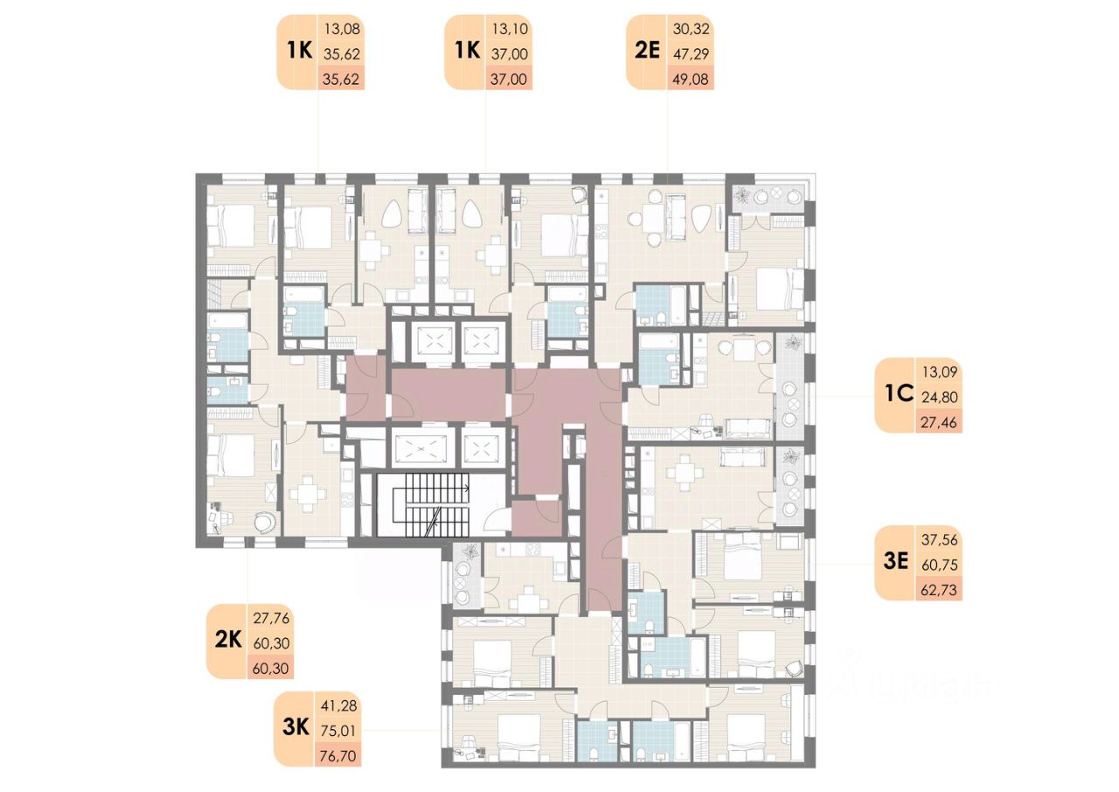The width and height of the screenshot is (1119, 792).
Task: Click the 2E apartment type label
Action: [647, 51]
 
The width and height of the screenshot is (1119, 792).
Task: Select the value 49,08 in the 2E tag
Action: [692, 78]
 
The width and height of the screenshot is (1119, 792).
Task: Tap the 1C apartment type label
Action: [896, 395]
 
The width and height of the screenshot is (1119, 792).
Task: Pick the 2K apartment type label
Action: [227, 641]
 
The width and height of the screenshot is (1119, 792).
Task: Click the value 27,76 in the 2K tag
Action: [271, 617]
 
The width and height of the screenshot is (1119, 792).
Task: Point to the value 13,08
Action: [343, 29]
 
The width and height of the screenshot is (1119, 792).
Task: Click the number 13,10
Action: [511, 29]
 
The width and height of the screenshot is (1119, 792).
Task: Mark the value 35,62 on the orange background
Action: [343, 78]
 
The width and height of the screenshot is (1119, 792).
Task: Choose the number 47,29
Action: [692, 53]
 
